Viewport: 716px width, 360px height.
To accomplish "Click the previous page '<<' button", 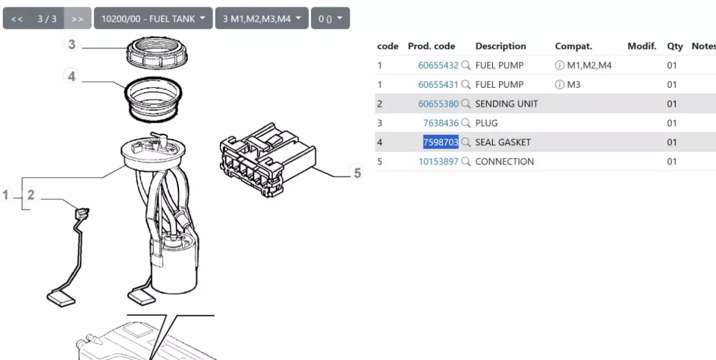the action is [x=17, y=19].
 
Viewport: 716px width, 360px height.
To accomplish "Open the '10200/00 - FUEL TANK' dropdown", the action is [x=153, y=19].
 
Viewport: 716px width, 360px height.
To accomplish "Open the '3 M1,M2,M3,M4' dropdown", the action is [x=262, y=19].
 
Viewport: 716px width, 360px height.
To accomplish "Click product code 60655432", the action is [x=438, y=66].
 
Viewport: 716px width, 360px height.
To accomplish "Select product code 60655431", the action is [x=438, y=84].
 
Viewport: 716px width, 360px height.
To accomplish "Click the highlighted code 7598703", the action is [x=441, y=142].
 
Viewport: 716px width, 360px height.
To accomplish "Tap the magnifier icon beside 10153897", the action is [x=466, y=162].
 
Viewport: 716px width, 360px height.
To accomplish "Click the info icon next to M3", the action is [x=559, y=84].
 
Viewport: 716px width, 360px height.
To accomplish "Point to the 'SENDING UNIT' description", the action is [x=507, y=104].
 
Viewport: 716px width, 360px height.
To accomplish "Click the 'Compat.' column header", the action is [x=573, y=46].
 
